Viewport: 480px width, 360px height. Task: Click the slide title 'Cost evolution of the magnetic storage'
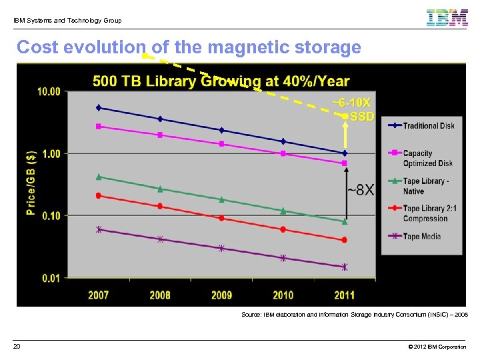[x=189, y=48]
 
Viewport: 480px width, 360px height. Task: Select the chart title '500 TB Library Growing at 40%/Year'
[x=221, y=81]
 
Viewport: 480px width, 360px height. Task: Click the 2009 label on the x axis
[x=221, y=295]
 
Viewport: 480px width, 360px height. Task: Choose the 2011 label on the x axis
[x=344, y=295]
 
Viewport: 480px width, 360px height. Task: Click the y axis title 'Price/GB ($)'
[x=31, y=183]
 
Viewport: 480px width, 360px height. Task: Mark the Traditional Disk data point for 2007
[x=99, y=107]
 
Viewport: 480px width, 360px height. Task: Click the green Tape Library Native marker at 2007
[x=99, y=177]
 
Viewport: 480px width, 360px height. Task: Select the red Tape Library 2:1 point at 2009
[x=221, y=218]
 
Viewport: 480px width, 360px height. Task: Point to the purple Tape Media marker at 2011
[x=345, y=267]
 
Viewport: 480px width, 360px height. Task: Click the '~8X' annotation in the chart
[x=360, y=191]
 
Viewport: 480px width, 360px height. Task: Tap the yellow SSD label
[x=362, y=117]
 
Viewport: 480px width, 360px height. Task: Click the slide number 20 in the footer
[x=17, y=347]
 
